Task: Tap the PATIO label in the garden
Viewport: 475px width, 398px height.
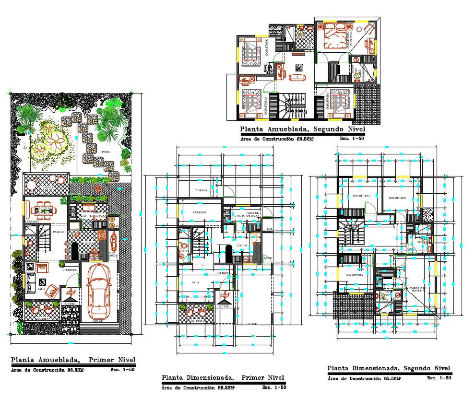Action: [107, 152]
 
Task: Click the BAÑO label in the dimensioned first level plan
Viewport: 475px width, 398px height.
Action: [184, 251]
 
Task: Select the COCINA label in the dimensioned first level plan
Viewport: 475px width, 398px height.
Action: [242, 245]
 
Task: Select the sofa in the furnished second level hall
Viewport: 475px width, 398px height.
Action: [298, 77]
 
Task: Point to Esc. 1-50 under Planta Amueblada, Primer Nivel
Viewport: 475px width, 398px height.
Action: [122, 370]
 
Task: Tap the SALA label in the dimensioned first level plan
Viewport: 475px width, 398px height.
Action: [195, 282]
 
